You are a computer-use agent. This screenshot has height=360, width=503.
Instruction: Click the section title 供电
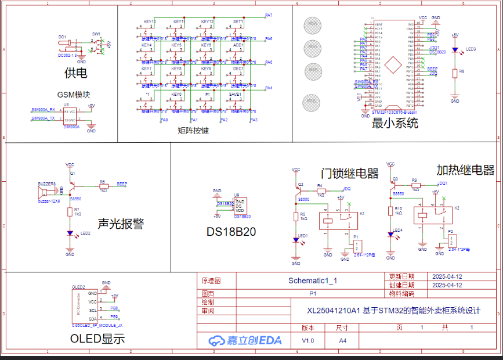click(x=75, y=73)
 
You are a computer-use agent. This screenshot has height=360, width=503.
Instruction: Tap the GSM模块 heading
click(x=74, y=95)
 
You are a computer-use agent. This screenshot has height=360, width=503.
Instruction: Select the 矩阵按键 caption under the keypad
click(x=193, y=131)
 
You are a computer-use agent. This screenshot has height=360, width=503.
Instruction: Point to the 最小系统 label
click(x=395, y=123)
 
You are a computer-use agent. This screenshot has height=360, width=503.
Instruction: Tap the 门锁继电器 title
click(x=349, y=174)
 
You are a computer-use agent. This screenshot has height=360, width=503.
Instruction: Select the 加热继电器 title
click(x=465, y=170)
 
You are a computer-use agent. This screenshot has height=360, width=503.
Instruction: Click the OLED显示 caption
click(x=97, y=339)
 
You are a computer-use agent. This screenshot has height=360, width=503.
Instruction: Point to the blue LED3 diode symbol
click(x=455, y=51)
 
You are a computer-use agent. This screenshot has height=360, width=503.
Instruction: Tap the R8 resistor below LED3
click(x=455, y=73)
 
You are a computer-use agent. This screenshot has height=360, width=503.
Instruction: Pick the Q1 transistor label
click(x=73, y=173)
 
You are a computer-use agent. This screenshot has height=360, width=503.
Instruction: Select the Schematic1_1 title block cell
click(x=313, y=280)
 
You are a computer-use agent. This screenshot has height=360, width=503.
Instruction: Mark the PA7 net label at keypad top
click(x=269, y=15)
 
